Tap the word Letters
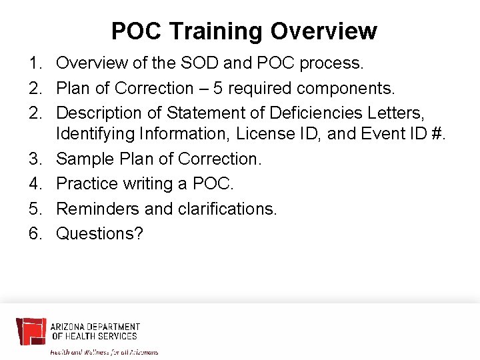pos(400,113)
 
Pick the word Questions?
pos(100,233)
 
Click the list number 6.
pos(34,233)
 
